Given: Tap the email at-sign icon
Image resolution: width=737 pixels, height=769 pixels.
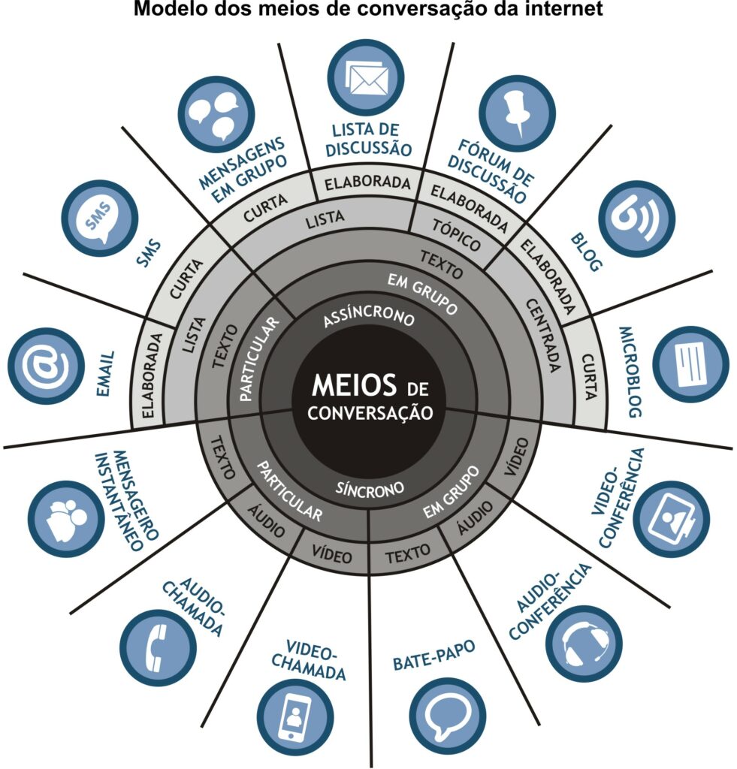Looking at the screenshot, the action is [46, 366].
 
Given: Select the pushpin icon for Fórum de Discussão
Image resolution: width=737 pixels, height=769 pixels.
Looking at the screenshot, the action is [517, 114].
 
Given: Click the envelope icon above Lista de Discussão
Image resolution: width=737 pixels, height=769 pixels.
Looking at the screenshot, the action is [366, 78].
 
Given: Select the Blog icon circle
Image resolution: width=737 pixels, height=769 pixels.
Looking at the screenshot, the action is [637, 219].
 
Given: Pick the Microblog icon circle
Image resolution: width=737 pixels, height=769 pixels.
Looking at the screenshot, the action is [691, 364].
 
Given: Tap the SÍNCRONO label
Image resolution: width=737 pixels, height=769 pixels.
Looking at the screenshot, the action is [370, 488].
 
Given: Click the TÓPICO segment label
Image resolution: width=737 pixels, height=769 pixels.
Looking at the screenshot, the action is [456, 235].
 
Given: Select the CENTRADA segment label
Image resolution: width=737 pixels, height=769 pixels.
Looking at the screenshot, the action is [543, 336].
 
